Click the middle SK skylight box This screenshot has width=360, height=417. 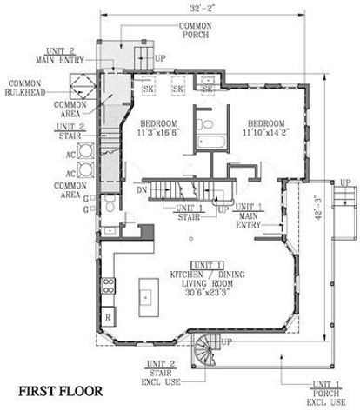(x=177, y=89)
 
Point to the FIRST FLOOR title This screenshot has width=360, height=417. (x=60, y=392)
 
